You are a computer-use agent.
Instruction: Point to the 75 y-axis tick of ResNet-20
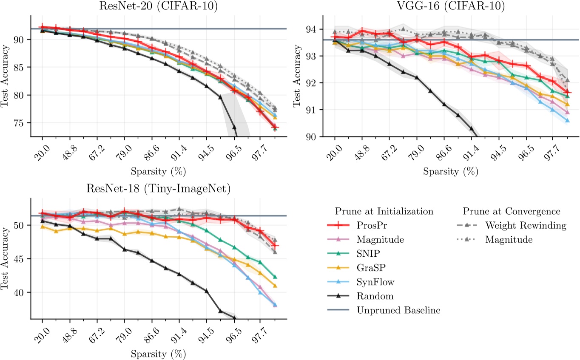[x=21, y=123]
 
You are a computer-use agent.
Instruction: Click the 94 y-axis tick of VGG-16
[x=314, y=29]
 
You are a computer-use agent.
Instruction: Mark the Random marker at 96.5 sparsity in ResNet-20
[x=234, y=127]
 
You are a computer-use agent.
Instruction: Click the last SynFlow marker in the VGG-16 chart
[x=567, y=121]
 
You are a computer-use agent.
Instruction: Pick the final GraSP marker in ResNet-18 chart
[x=275, y=286]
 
